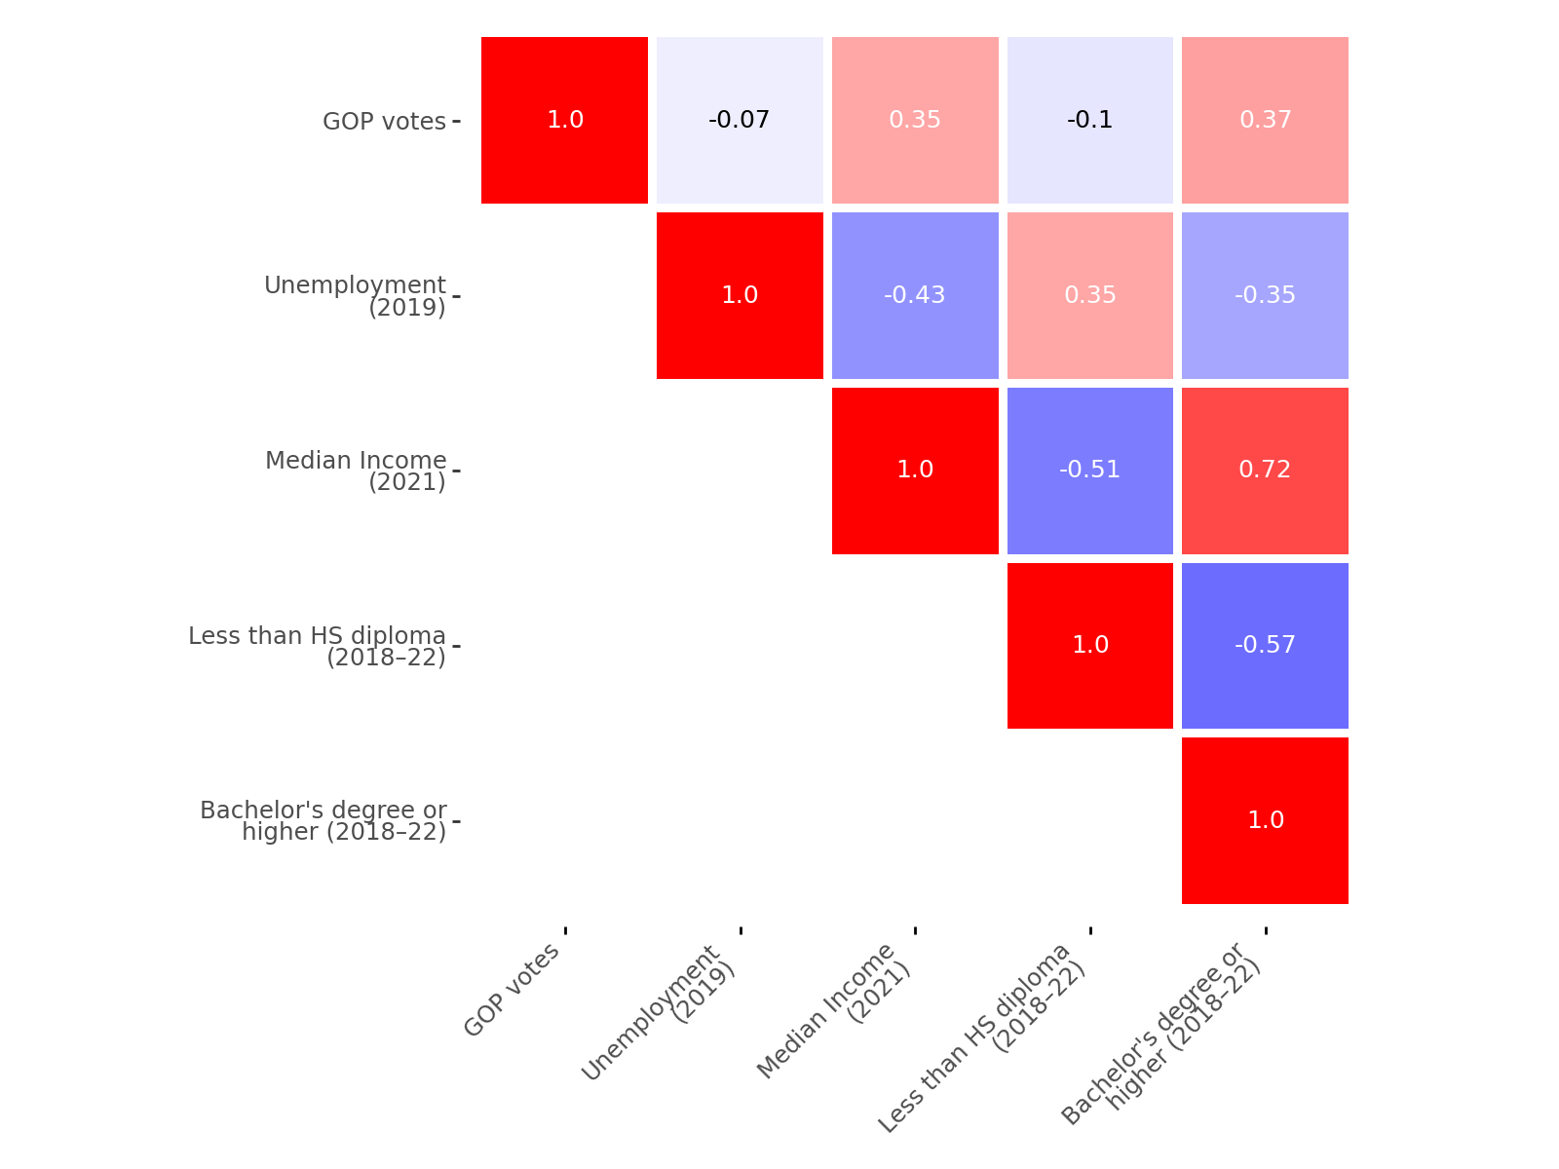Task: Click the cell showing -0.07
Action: (740, 120)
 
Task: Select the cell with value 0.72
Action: (1265, 471)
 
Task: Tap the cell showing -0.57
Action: (1265, 645)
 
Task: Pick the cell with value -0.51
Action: (1089, 471)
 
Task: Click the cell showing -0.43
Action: (915, 295)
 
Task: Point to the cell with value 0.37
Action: (1265, 120)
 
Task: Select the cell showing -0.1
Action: (1089, 120)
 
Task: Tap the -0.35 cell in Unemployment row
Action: (1265, 295)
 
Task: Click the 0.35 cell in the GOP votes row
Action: (915, 120)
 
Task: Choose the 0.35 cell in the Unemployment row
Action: (1089, 295)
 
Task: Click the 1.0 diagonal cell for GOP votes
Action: (564, 120)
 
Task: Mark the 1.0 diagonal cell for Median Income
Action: (915, 471)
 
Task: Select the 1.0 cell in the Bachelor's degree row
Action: (1265, 820)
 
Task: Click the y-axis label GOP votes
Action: (384, 122)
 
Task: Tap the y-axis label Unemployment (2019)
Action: (356, 296)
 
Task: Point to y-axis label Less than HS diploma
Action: (318, 646)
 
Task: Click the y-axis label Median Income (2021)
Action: (357, 471)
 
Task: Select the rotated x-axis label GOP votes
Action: (513, 990)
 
